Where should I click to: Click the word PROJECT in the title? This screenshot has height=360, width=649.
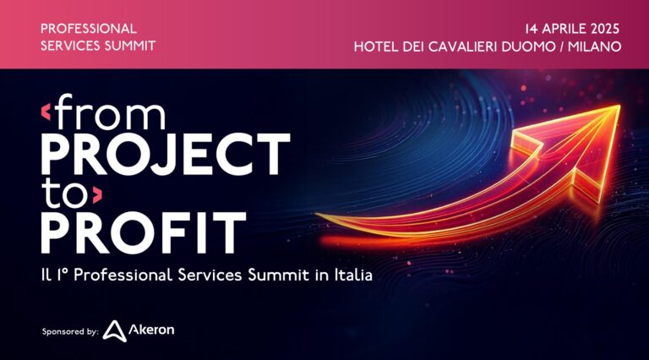166,154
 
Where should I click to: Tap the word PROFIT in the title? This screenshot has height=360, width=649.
143,232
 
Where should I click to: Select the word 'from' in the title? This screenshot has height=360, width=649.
111,112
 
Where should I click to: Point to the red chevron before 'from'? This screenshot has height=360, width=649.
46,112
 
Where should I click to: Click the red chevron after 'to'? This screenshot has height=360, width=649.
98,195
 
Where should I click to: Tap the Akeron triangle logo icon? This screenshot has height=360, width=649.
114,331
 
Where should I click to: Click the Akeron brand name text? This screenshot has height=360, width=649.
151,330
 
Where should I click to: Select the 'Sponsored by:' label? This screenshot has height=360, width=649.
70,331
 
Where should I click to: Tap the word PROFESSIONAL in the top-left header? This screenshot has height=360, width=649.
89,29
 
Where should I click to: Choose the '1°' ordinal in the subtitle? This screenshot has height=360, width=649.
63,275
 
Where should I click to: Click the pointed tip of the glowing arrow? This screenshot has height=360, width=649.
619,106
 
